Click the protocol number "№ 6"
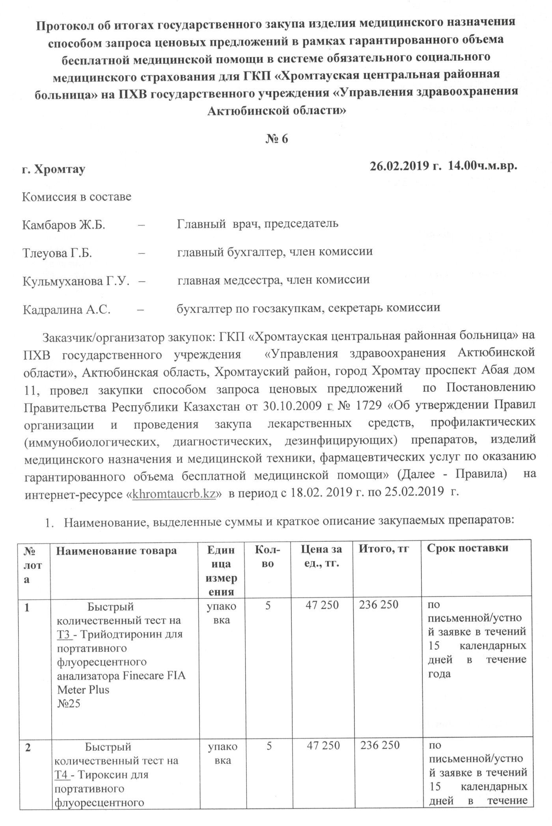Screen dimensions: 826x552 [x=276, y=139]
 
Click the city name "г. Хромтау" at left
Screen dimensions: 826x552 [x=53, y=169]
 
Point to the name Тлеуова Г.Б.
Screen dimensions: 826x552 [x=57, y=253]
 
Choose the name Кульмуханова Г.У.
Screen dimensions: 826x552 [x=76, y=281]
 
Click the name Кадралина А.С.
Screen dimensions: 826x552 [x=66, y=309]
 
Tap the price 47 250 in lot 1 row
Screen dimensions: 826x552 [x=322, y=605]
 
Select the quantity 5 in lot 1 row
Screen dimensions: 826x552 [x=268, y=605]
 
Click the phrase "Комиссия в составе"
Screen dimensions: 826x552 [x=76, y=197]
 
